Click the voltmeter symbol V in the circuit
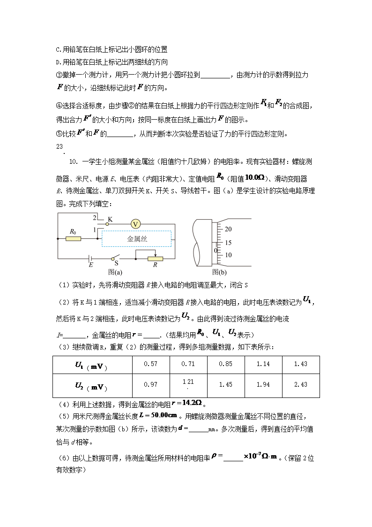(135, 224)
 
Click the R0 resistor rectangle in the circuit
(73, 239)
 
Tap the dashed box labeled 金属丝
(137, 239)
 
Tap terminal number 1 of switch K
(95, 229)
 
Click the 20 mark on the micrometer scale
(229, 229)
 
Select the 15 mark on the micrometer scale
(229, 243)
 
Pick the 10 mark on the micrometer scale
(229, 255)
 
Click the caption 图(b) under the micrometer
(219, 272)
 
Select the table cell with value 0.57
(151, 364)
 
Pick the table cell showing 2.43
(301, 384)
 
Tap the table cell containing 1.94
(263, 384)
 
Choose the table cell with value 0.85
(226, 364)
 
